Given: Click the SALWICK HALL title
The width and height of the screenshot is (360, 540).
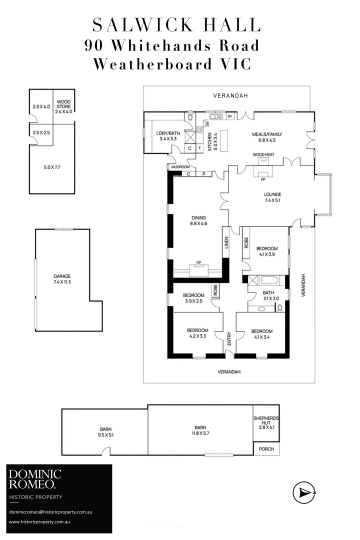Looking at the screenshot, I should tap(176, 25).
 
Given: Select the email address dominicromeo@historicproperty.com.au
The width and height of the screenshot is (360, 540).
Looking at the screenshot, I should tap(57, 512).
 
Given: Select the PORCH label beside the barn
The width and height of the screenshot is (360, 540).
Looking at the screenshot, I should tap(266, 449).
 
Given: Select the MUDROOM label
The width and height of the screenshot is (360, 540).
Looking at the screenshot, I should tap(179, 167).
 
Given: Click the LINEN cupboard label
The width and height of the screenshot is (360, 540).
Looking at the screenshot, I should tap(226, 243).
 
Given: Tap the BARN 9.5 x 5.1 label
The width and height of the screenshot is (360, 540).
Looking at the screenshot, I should tap(105, 431).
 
